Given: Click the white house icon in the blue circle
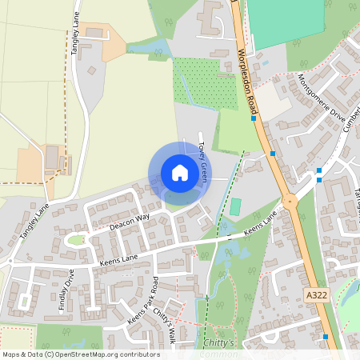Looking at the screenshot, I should tap(180, 173).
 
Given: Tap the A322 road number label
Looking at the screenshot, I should tap(317, 296).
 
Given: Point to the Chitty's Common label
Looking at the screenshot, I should tap(222, 347).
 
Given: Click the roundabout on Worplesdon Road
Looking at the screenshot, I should tap(290, 202).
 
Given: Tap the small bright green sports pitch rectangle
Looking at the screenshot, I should tap(235, 206).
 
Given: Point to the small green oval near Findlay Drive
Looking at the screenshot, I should tap(76, 238).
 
